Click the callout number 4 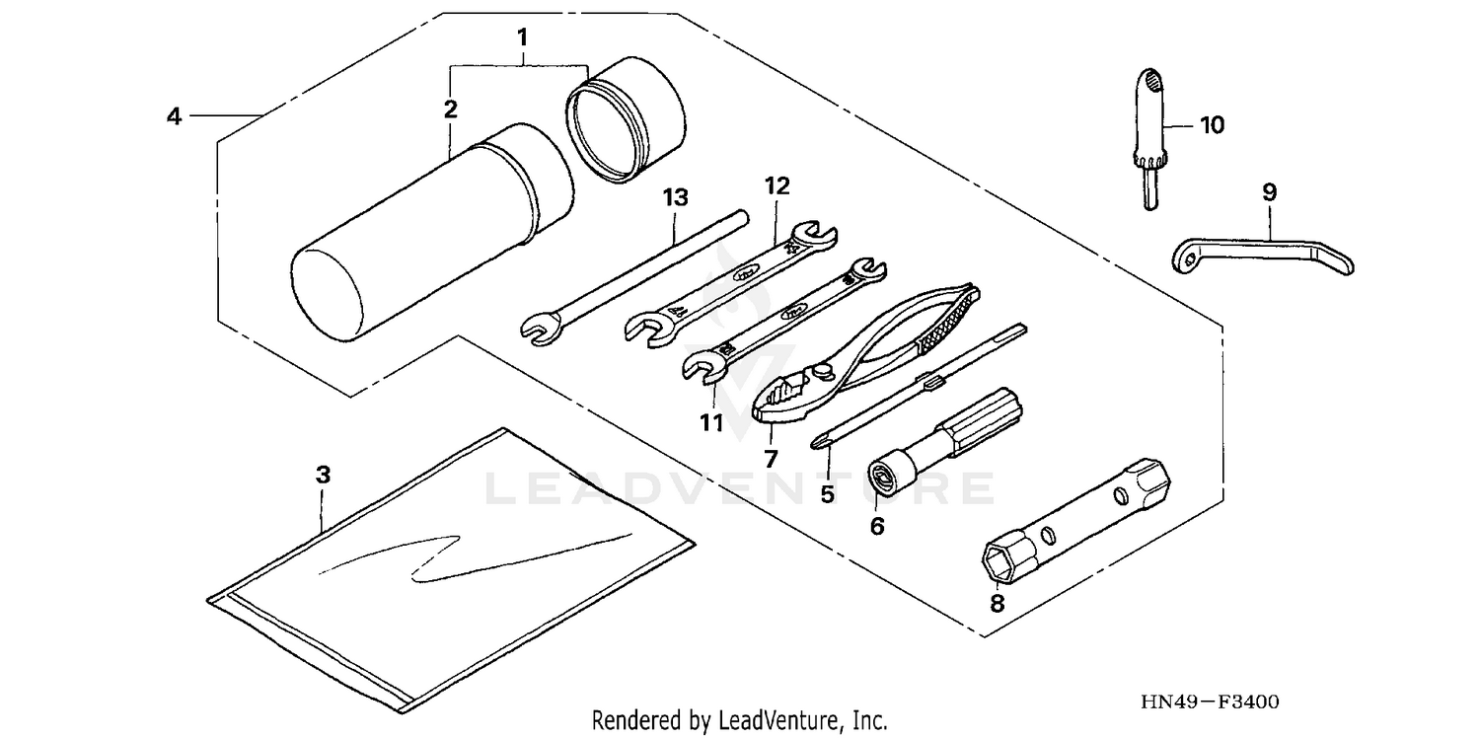(x=174, y=116)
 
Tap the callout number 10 (x=1211, y=125)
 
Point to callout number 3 (x=322, y=475)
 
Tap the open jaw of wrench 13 (x=536, y=329)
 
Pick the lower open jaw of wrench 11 (x=702, y=367)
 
